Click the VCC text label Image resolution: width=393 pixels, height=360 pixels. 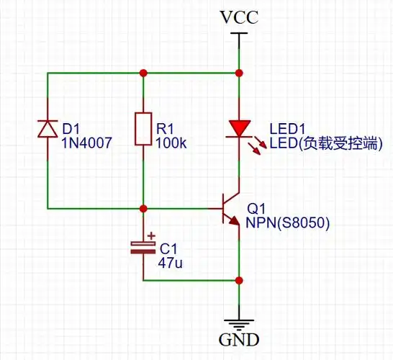[x=238, y=18]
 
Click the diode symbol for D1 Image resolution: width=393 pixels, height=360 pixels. [x=48, y=128]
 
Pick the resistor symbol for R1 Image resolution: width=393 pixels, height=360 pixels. [x=143, y=128]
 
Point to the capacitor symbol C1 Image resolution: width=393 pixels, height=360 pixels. [x=143, y=247]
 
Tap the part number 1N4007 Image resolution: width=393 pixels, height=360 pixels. [x=86, y=143]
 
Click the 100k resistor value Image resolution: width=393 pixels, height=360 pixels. [x=171, y=143]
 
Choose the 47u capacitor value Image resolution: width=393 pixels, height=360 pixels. [x=171, y=264]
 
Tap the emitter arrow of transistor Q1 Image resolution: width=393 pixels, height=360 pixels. [x=234, y=220]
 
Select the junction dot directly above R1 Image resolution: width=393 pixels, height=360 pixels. [x=143, y=73]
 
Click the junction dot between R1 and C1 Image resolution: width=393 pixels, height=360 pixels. [x=143, y=208]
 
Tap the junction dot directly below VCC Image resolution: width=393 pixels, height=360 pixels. [x=238, y=73]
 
